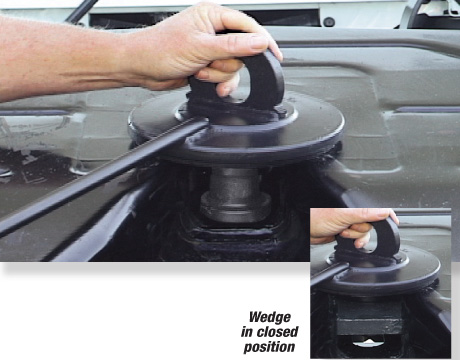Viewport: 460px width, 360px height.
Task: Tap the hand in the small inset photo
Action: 345,225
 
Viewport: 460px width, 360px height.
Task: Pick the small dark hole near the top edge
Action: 329,21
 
